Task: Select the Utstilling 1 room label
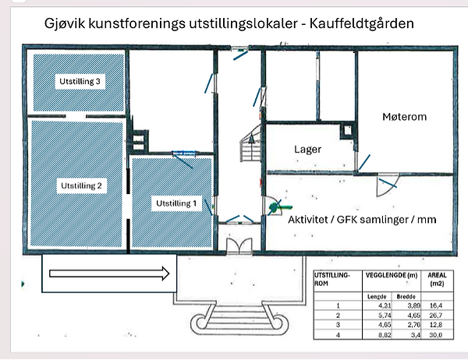[175, 203]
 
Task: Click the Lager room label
[307, 148]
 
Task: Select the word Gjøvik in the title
[66, 24]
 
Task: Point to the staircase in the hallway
[251, 146]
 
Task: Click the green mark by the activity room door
[274, 207]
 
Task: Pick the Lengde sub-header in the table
[377, 297]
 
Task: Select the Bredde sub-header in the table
[406, 297]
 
